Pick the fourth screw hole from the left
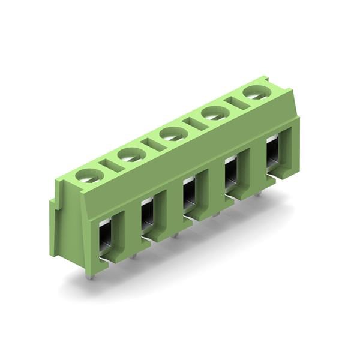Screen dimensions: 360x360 (x=214, y=113)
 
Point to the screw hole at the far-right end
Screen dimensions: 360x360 (x=256, y=92)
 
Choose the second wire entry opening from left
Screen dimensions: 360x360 (x=147, y=217)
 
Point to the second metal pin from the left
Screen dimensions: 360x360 (x=133, y=255)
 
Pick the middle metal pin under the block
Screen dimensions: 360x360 (x=175, y=235)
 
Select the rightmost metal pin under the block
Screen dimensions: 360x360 (x=258, y=193)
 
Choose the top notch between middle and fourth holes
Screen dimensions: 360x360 (x=193, y=123)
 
